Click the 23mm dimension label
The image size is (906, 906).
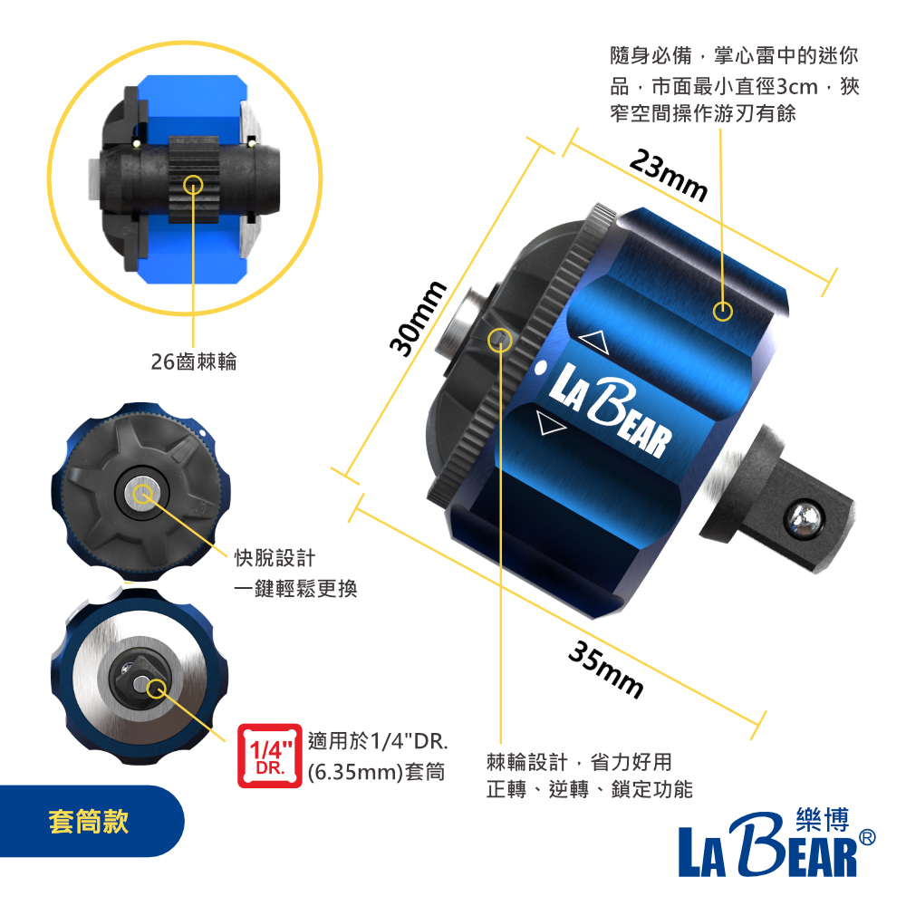click(669, 175)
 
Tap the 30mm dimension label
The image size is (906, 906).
click(417, 318)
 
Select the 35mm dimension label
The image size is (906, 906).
click(606, 670)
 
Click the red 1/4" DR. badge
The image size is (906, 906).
click(270, 756)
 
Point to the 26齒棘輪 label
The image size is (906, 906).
click(194, 361)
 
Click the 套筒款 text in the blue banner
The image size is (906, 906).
click(89, 821)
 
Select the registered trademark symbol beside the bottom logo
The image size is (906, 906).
click(867, 837)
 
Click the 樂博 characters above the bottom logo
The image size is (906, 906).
click(823, 819)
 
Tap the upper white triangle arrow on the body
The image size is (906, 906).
click(594, 342)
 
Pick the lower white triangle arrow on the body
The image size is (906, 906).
click(550, 423)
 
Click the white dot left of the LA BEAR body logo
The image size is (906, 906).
click(541, 368)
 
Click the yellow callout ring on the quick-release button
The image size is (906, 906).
click(143, 495)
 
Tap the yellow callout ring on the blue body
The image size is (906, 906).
click(722, 312)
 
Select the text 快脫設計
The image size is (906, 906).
click(275, 558)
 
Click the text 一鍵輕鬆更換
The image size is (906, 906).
click(296, 589)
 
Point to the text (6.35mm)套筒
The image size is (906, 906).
click(376, 772)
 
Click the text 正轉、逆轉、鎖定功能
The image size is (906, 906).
click(590, 789)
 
